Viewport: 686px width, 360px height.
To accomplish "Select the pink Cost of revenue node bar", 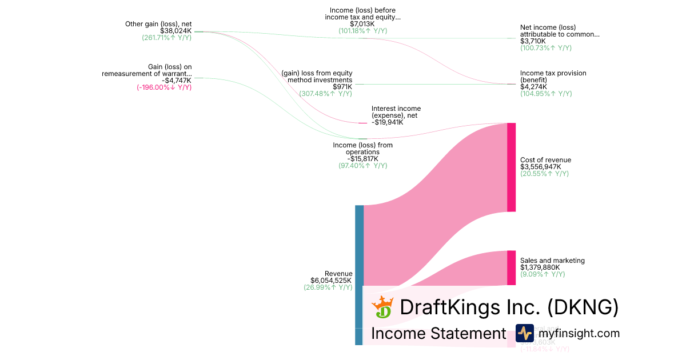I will [x=511, y=167].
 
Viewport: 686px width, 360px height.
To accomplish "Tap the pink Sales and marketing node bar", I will [x=511, y=267].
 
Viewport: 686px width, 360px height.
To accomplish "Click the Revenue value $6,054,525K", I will [x=331, y=281].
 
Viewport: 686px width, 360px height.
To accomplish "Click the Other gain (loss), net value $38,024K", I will [x=176, y=31].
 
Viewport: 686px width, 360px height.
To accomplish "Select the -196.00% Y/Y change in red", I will [x=164, y=87].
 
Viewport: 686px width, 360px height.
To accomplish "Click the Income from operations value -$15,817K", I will [x=362, y=158].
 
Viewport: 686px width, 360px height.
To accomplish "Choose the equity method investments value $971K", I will [x=342, y=87].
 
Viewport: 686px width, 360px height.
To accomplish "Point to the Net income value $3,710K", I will [x=533, y=41].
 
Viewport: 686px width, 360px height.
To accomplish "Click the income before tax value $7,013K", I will [x=362, y=24].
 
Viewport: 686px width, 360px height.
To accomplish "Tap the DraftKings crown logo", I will [x=382, y=307].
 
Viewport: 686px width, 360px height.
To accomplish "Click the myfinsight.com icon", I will [x=524, y=333].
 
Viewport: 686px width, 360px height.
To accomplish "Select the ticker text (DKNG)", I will [x=583, y=307].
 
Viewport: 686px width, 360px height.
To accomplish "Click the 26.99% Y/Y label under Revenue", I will [x=328, y=287].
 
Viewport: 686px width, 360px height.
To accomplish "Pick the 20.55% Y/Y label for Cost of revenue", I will [x=544, y=174].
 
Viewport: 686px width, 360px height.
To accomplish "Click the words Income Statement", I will [x=438, y=333].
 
